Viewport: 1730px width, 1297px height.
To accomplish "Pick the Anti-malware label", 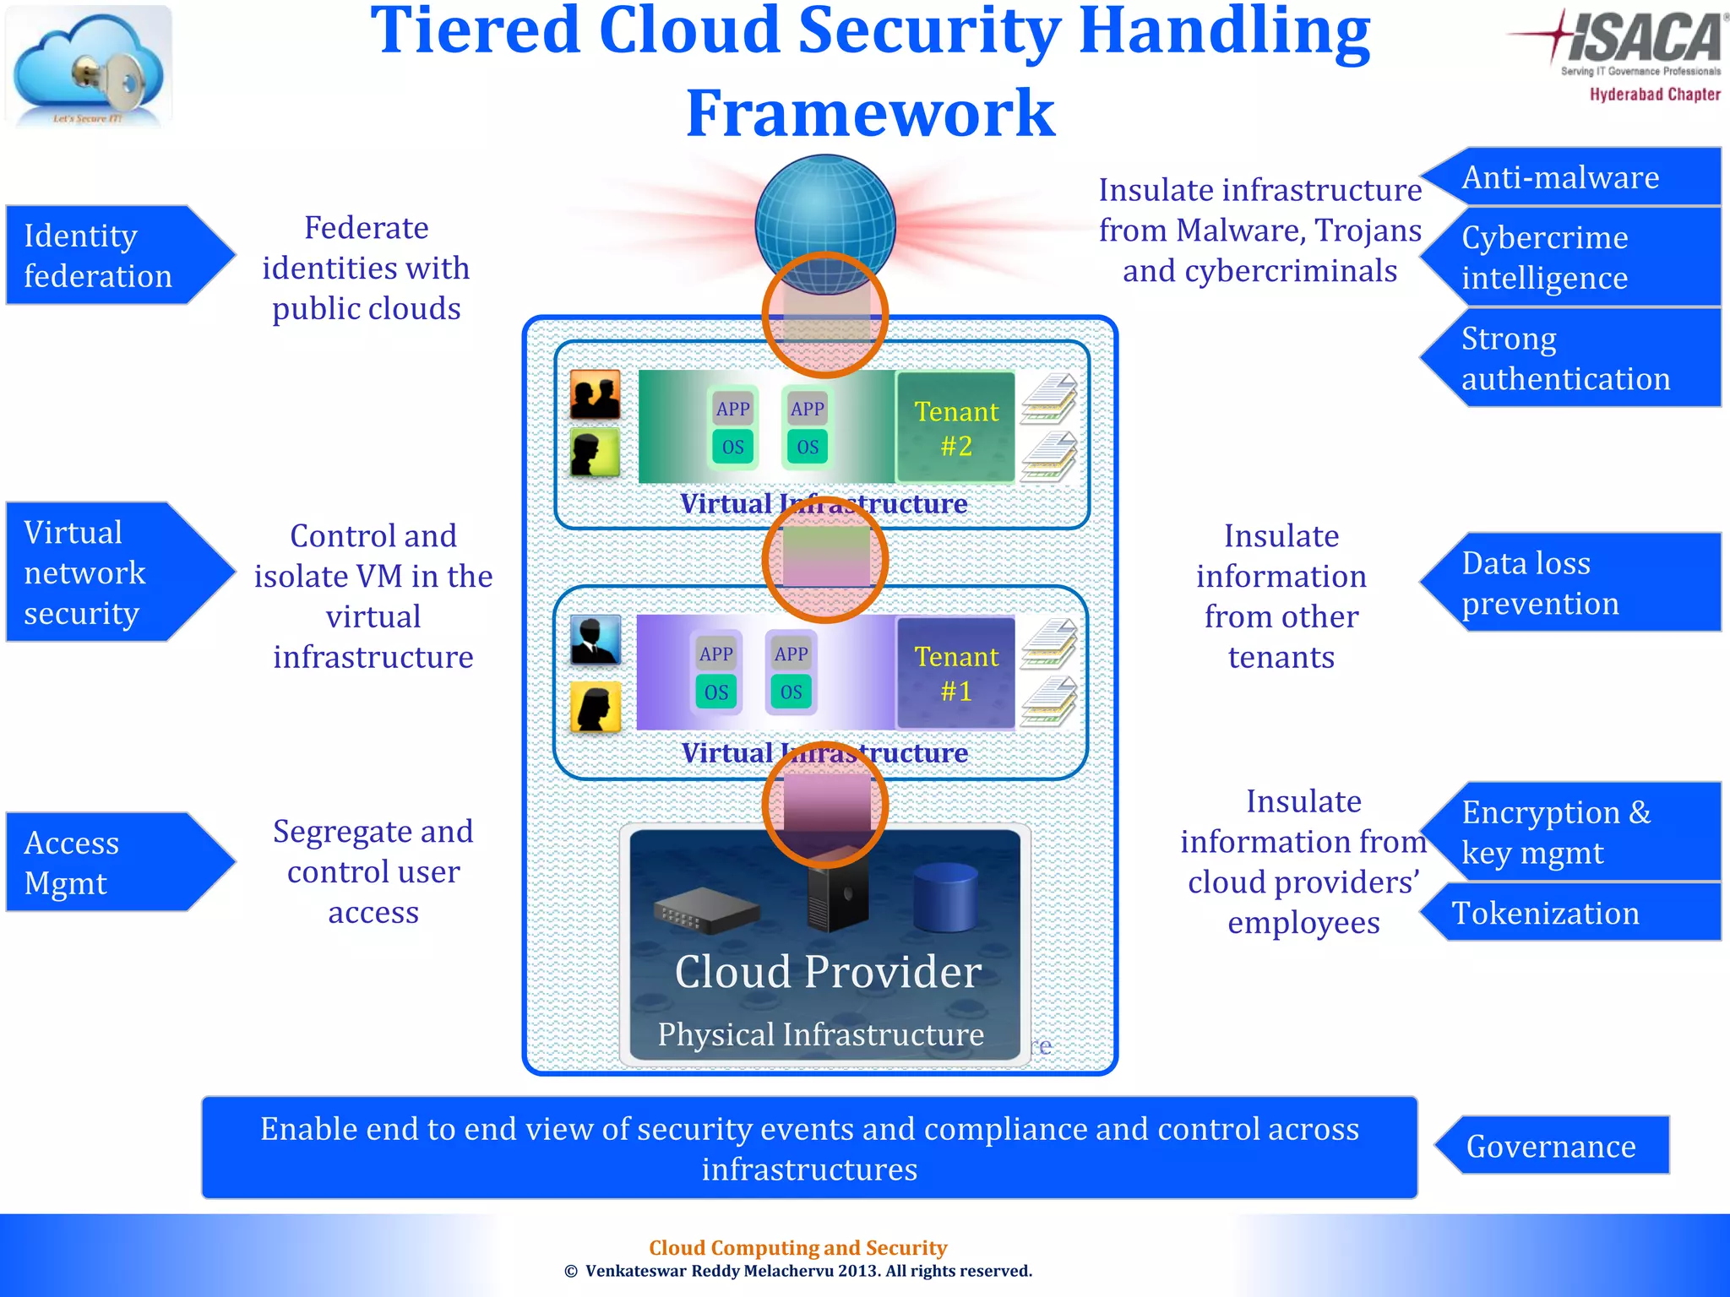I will coord(1571,177).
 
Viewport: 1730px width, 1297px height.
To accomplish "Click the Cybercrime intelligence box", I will coord(1571,257).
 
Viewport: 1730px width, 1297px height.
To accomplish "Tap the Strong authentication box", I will coord(1571,358).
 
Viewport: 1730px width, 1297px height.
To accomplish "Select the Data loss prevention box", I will coord(1571,583).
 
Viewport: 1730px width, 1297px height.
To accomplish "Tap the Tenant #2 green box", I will coord(956,427).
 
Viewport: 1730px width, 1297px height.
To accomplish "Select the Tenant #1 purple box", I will coord(956,673).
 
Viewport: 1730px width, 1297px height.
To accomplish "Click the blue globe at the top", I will coord(824,215).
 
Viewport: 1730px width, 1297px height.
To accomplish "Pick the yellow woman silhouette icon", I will coord(596,706).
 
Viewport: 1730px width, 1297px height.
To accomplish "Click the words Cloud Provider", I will coord(828,971).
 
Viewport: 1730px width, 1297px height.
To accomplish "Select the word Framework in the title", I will coord(870,113).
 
